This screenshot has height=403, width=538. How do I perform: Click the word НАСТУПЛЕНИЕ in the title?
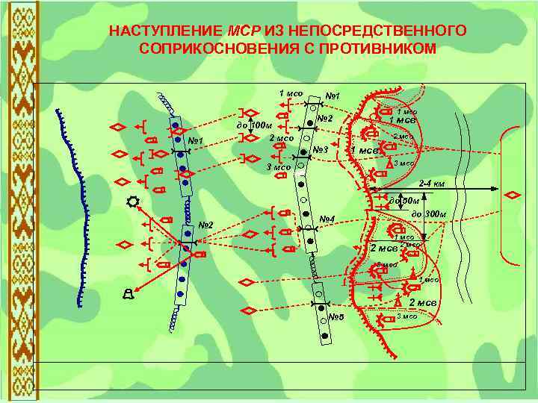[x=164, y=31]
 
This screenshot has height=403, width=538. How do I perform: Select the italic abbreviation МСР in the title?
[x=242, y=31]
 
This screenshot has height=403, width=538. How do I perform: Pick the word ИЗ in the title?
[x=273, y=31]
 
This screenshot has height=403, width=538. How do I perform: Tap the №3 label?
[x=321, y=151]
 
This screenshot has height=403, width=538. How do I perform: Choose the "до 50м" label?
[x=404, y=200]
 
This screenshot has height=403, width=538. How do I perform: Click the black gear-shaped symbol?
[x=132, y=201]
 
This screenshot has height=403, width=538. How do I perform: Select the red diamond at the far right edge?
[x=513, y=195]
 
